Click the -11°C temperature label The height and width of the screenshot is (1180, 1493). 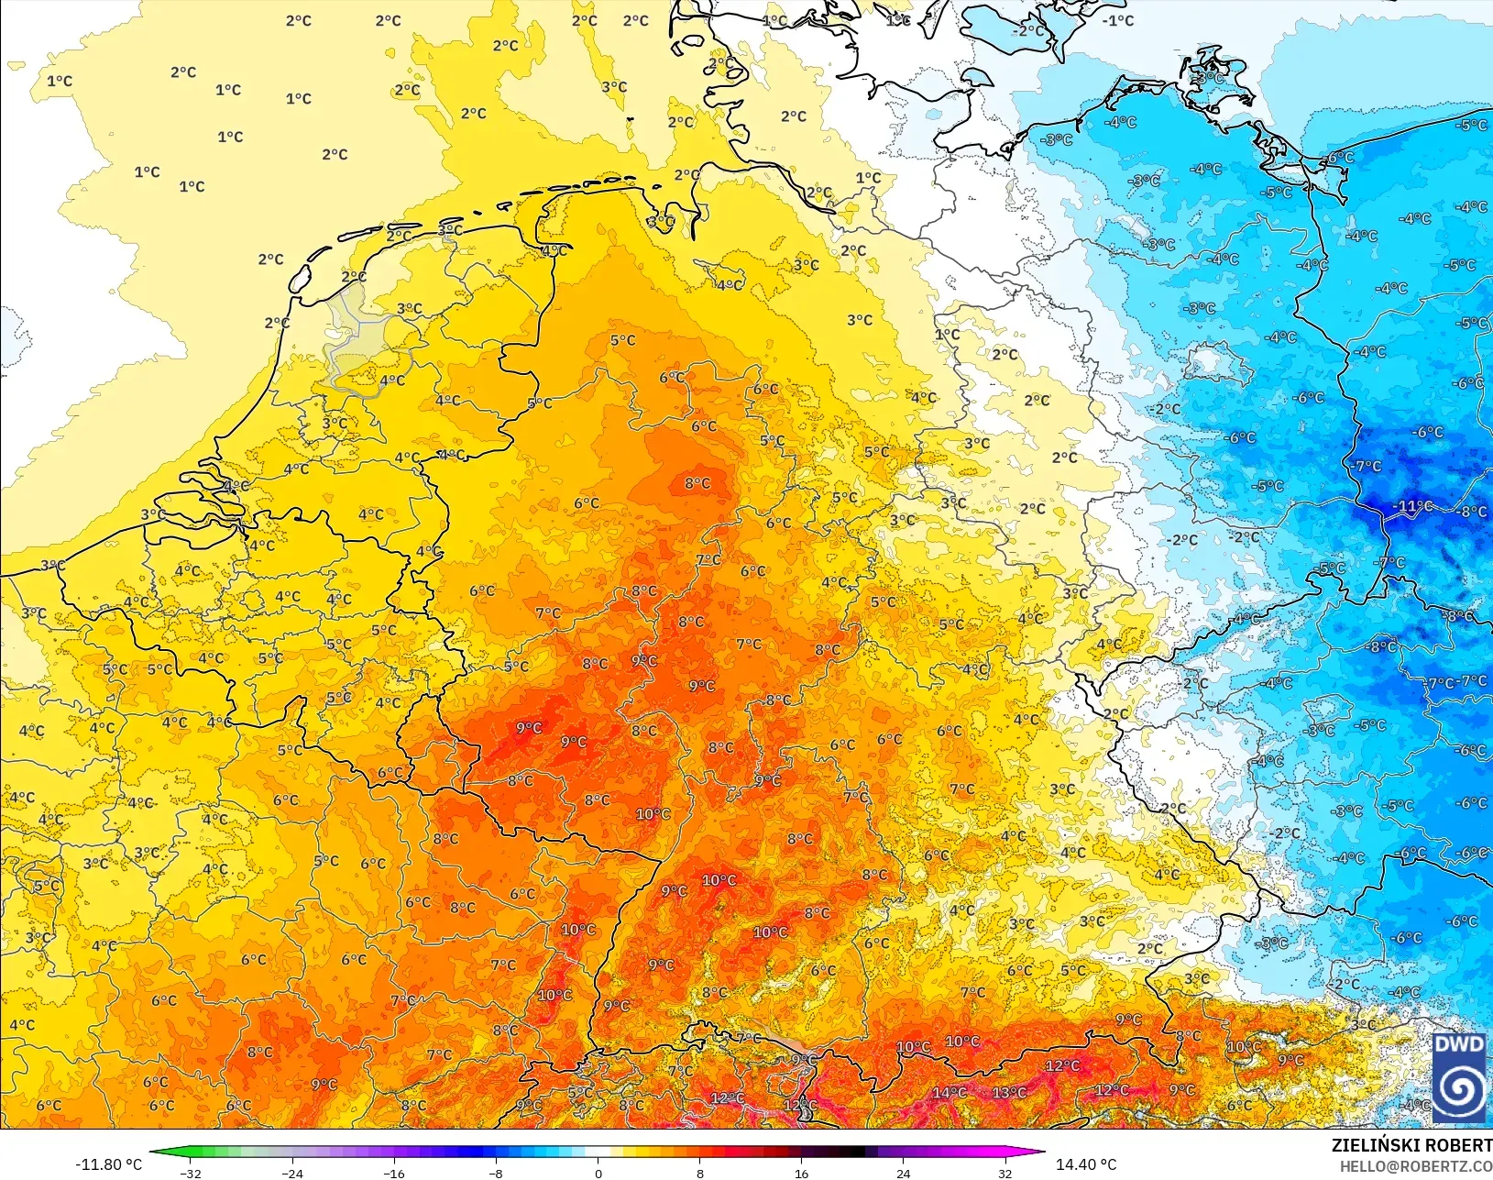coord(1412,506)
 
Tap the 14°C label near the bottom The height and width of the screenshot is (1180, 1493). coord(949,1092)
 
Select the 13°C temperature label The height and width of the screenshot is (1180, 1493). coord(1009,1092)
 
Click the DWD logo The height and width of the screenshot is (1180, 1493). coord(1459,1076)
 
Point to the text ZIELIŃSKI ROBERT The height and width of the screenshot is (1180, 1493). coord(1411,1145)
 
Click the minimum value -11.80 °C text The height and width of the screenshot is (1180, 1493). coord(108,1164)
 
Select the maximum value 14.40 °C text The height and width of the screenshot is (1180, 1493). coord(1086,1164)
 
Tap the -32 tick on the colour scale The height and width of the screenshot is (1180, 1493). coord(191,1173)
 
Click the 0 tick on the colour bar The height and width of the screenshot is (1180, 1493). coord(598,1173)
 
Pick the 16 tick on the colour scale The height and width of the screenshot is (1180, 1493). coord(801,1173)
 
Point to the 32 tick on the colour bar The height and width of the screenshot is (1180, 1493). coord(1004,1173)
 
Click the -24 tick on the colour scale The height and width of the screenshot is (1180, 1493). coord(292,1173)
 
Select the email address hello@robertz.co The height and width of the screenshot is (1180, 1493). coord(1416,1166)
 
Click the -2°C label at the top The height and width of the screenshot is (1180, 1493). coord(1027,30)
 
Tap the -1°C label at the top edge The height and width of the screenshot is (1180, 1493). coord(1118,20)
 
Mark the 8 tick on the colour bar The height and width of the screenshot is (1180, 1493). coord(699,1173)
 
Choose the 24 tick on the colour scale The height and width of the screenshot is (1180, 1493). coord(903,1173)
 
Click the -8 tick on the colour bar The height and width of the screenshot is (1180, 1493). coord(496,1173)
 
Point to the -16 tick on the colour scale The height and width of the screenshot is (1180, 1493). coord(394,1173)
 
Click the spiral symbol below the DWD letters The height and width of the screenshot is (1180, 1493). coord(1459,1090)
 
